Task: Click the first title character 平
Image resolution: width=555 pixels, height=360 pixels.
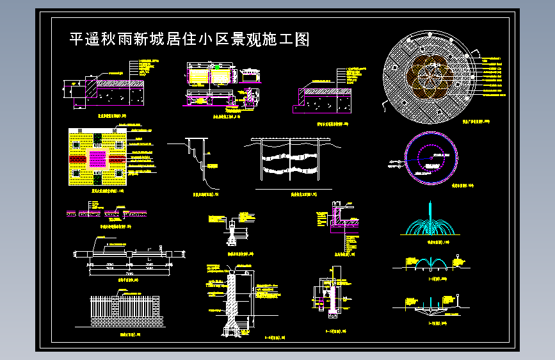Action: click(76, 40)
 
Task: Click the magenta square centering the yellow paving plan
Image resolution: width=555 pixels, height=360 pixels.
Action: click(97, 158)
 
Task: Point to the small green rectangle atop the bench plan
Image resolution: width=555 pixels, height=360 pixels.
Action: click(217, 66)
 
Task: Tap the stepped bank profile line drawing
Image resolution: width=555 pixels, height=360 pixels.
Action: click(195, 154)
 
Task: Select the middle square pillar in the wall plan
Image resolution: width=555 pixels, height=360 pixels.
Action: click(131, 254)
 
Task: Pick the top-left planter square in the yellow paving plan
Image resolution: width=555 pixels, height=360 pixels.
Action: click(76, 143)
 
